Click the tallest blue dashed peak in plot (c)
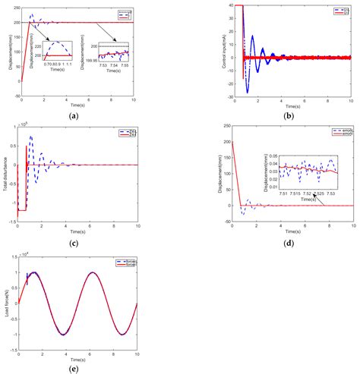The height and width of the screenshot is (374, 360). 31,137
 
